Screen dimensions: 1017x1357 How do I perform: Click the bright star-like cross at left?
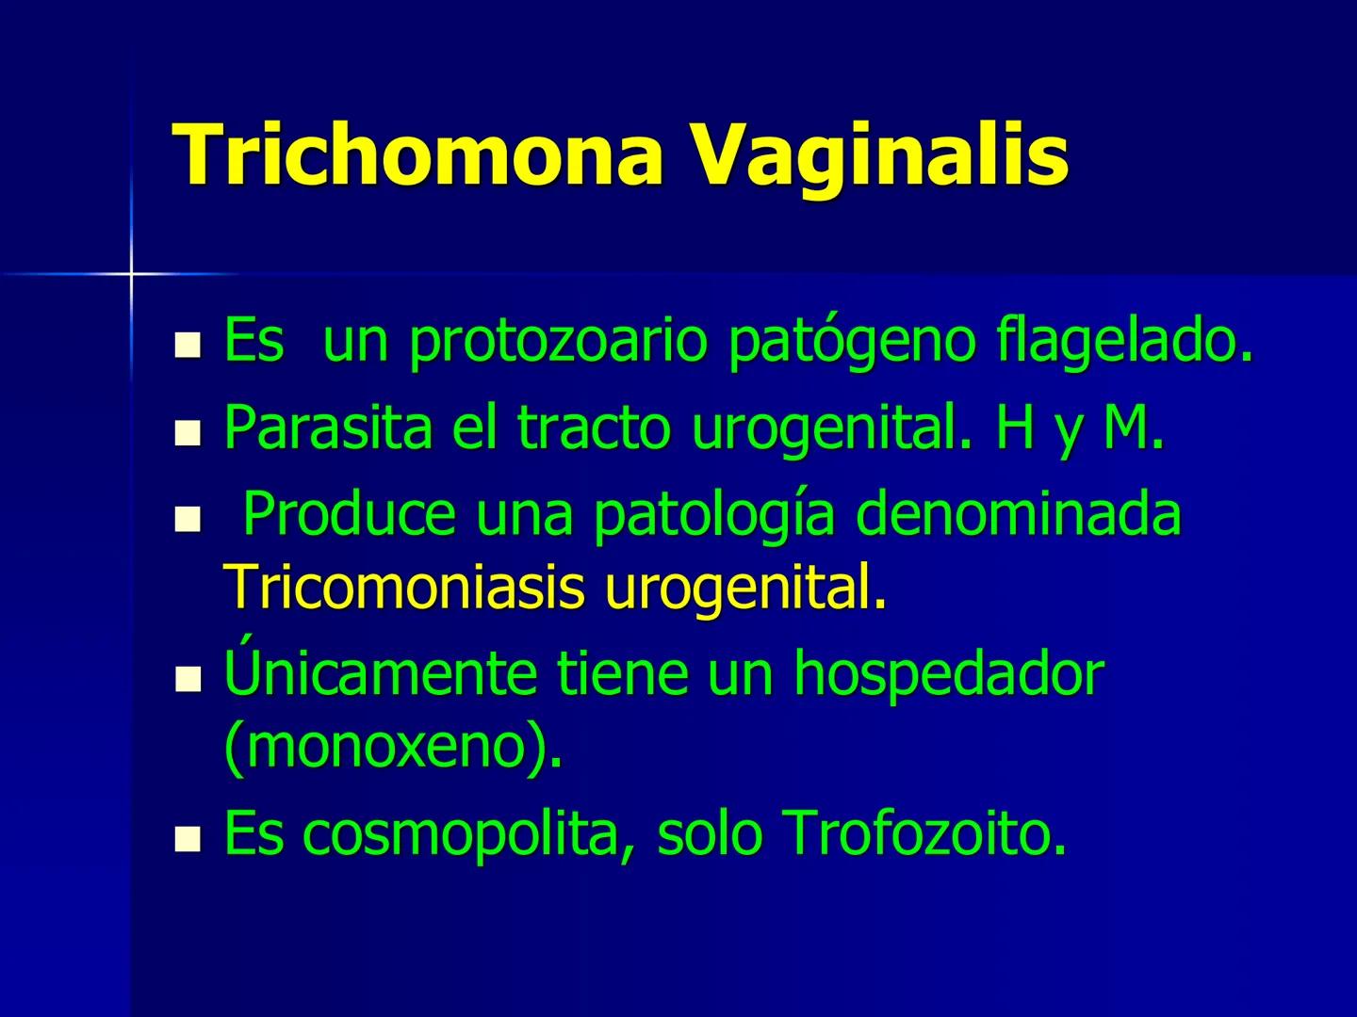point(131,273)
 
